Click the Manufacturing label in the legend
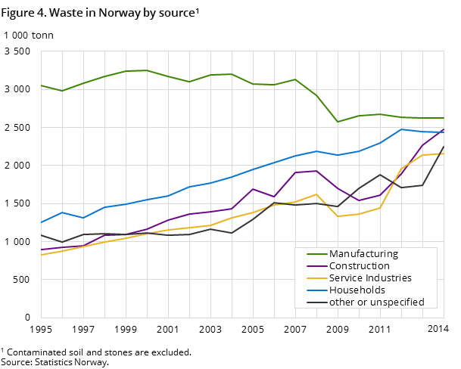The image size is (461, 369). pyautogui.click(x=363, y=254)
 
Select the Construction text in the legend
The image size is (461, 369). pyautogui.click(x=360, y=266)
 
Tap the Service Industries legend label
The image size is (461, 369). pyautogui.click(x=370, y=278)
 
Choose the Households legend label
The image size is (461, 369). pyautogui.click(x=357, y=290)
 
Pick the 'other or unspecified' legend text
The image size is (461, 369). pyautogui.click(x=377, y=302)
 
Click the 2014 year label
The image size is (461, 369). pyautogui.click(x=438, y=329)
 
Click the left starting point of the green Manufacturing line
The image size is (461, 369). pyautogui.click(x=41, y=85)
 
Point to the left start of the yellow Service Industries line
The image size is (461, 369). pyautogui.click(x=41, y=255)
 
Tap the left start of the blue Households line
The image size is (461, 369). pyautogui.click(x=41, y=222)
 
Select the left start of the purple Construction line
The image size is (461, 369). pyautogui.click(x=41, y=250)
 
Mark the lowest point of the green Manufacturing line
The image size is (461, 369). pyautogui.click(x=338, y=122)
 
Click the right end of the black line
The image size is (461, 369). pyautogui.click(x=444, y=147)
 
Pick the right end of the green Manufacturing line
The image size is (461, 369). pyautogui.click(x=444, y=118)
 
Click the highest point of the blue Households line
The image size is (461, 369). pyautogui.click(x=401, y=129)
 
